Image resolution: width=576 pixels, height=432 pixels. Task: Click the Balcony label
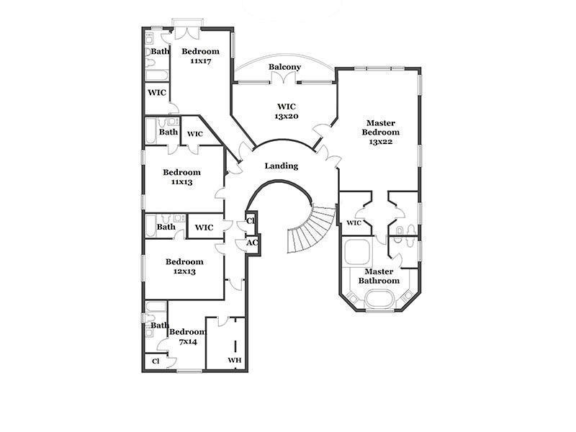(284, 67)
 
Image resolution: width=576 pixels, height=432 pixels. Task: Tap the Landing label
(281, 166)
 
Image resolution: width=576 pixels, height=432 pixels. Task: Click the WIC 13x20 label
(283, 111)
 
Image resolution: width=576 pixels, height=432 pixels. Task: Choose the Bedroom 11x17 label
(199, 56)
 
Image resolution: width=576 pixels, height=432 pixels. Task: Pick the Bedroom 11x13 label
(181, 177)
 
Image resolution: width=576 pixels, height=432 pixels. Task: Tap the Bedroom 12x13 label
(184, 266)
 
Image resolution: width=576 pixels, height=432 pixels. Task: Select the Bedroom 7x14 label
(187, 336)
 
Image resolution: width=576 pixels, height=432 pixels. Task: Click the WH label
(234, 360)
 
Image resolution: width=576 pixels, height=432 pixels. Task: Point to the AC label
(252, 243)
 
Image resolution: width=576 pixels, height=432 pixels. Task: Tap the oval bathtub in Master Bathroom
(379, 298)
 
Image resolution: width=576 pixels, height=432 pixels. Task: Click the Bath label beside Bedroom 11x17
(160, 52)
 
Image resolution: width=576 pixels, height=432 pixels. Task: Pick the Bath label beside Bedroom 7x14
(160, 325)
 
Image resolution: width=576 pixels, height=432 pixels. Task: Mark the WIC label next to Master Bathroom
(353, 223)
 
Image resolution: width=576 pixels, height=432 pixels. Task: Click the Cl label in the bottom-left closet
(156, 361)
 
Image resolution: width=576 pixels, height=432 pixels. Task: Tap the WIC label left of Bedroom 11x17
(157, 93)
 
